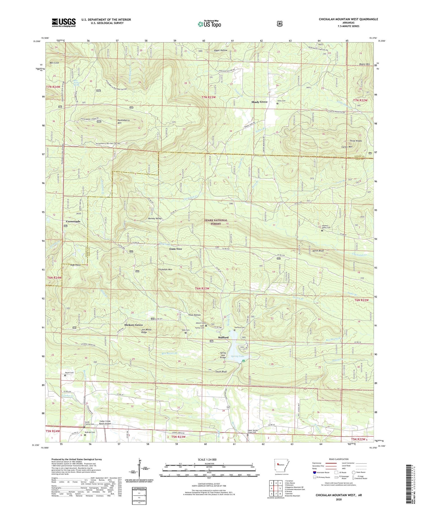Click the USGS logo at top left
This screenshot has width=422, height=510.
(x=64, y=22)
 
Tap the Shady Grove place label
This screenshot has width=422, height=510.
(x=259, y=102)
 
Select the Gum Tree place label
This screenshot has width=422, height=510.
(x=176, y=249)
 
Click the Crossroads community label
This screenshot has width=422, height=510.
(x=71, y=221)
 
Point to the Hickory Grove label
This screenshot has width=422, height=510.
(x=134, y=325)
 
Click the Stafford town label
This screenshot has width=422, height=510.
(x=223, y=337)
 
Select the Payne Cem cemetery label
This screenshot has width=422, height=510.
(x=69, y=373)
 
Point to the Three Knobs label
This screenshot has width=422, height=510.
(x=356, y=141)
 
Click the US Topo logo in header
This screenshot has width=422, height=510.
(x=209, y=24)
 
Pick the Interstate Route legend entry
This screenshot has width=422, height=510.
(x=323, y=472)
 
